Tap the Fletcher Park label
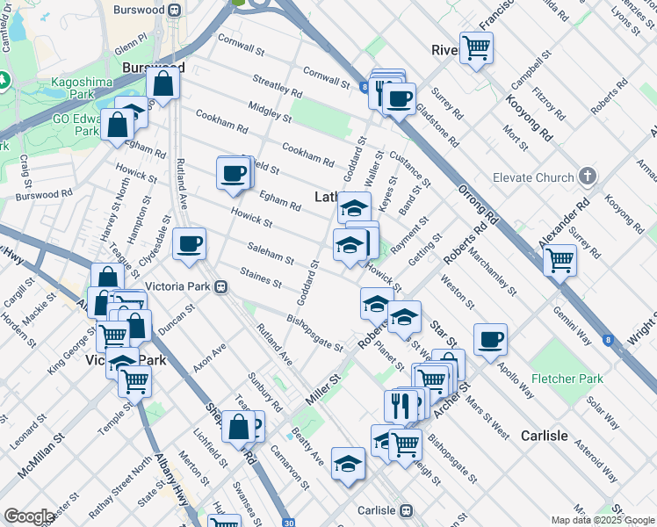[567, 379]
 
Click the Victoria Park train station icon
[224, 286]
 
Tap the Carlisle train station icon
[406, 510]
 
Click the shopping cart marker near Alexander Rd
[560, 259]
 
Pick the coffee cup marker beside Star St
[490, 338]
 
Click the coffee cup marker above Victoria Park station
[189, 243]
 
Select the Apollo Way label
[514, 368]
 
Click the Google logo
[29, 516]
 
